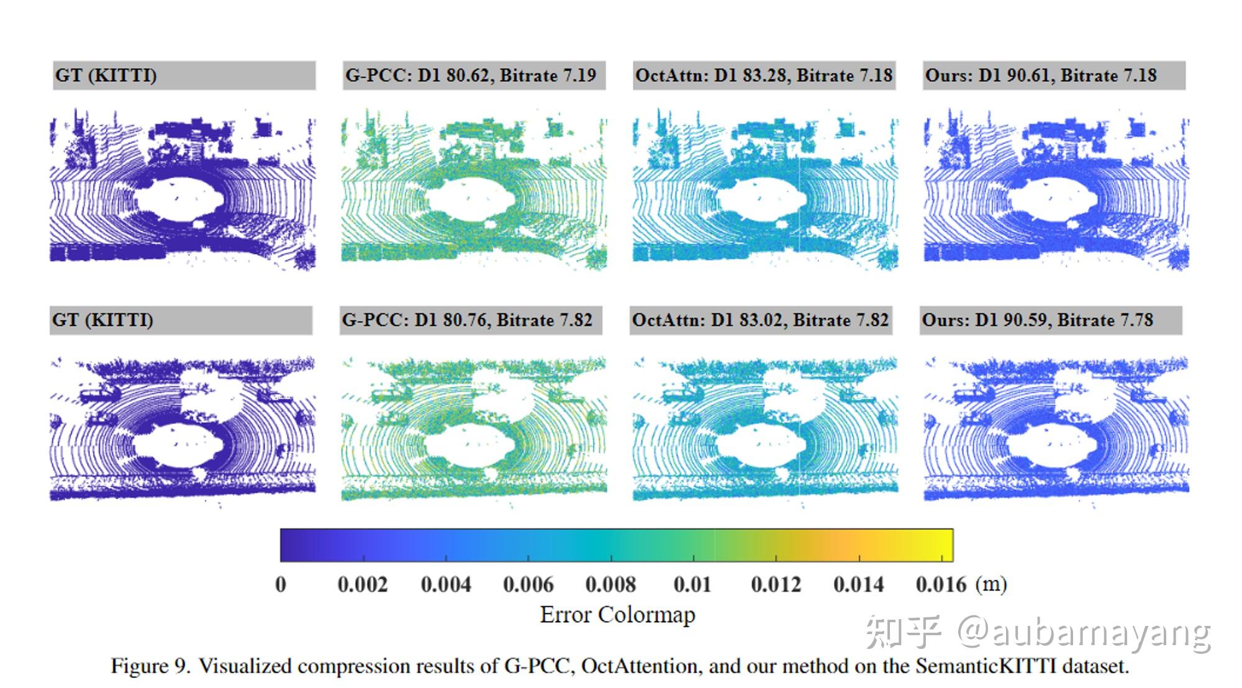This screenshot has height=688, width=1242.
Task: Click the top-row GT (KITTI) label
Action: (x=106, y=76)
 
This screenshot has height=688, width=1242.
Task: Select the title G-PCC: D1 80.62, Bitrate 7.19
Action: (x=470, y=76)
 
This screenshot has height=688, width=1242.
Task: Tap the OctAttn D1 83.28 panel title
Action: (x=763, y=76)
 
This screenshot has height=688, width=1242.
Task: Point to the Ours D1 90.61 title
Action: (x=1040, y=76)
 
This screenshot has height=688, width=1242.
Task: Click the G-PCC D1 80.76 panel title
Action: (x=467, y=320)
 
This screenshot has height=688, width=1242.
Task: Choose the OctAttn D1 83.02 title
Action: (x=760, y=320)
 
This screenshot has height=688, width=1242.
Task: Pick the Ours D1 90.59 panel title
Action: (x=1037, y=320)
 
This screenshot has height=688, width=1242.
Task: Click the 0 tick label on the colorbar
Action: (x=281, y=584)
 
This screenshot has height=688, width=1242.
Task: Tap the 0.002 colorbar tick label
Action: (x=363, y=584)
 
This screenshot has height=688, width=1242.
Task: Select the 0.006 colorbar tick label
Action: (x=528, y=584)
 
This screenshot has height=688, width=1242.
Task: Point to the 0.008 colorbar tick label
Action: (x=610, y=584)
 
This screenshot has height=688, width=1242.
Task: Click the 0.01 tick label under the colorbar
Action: (x=692, y=584)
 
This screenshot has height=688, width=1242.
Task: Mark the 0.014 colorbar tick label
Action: (x=858, y=584)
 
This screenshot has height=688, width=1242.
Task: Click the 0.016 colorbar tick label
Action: (x=941, y=584)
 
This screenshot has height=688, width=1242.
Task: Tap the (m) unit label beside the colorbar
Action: (x=991, y=584)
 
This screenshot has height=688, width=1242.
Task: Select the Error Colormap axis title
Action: (x=617, y=615)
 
